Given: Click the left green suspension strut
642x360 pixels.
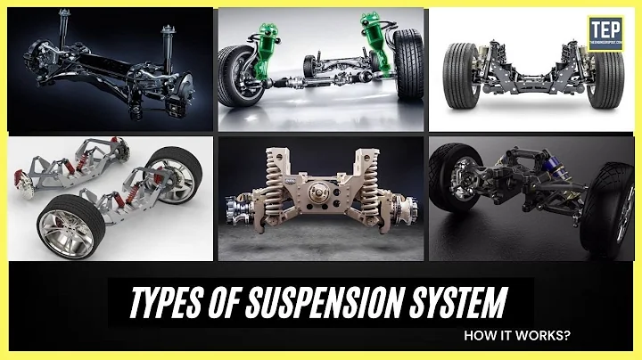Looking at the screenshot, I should (267, 55).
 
